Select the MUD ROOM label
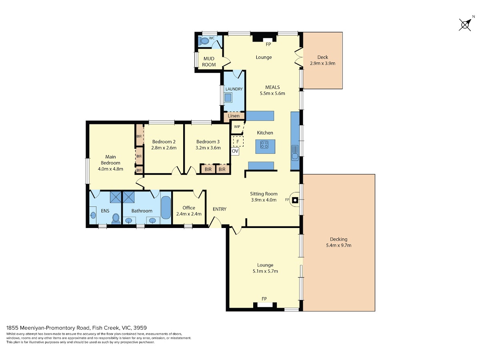[x=209, y=62]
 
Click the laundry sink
[x=228, y=98]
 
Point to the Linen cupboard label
[x=234, y=116]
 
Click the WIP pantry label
[x=237, y=126]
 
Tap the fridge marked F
[x=238, y=142]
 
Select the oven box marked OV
[x=235, y=151]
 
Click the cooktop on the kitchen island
[x=264, y=144]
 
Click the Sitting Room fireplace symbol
[x=295, y=200]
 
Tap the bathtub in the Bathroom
[x=166, y=208]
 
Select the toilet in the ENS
[x=116, y=219]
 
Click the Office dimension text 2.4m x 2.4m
[x=189, y=214]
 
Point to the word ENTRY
[x=219, y=209]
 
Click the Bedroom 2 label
[x=164, y=142]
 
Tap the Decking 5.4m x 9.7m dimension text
[x=338, y=245]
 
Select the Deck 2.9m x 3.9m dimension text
[x=322, y=63]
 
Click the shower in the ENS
[x=115, y=197]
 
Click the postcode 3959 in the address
[x=140, y=328]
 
